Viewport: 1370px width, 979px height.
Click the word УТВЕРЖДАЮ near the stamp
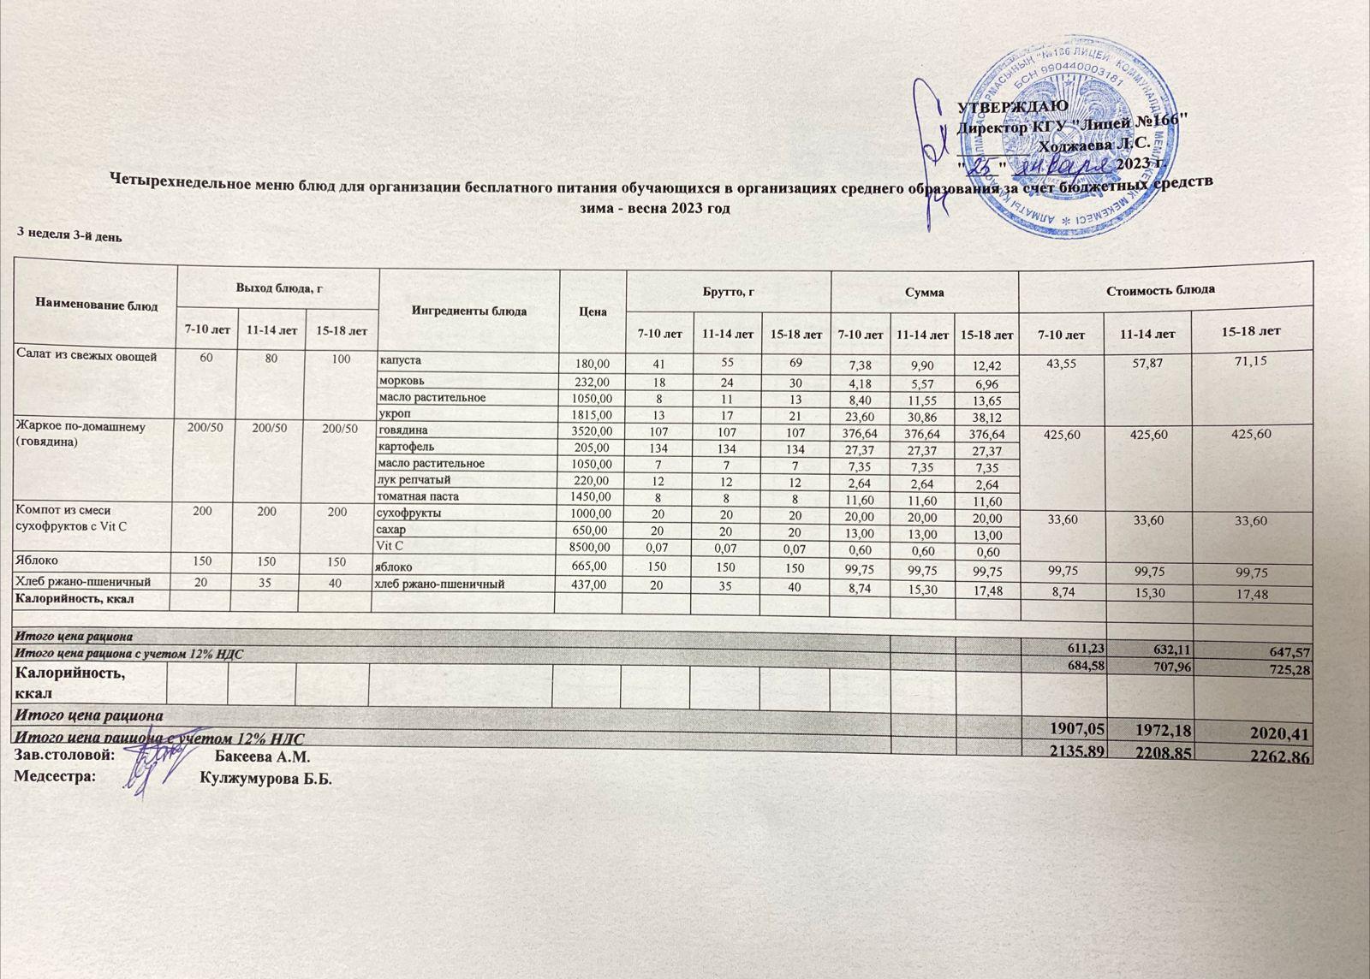(x=1011, y=105)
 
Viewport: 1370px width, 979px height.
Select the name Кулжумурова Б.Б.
(x=265, y=779)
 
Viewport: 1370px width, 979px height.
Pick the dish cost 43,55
(x=1060, y=362)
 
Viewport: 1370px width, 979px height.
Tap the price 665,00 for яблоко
(x=592, y=566)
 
